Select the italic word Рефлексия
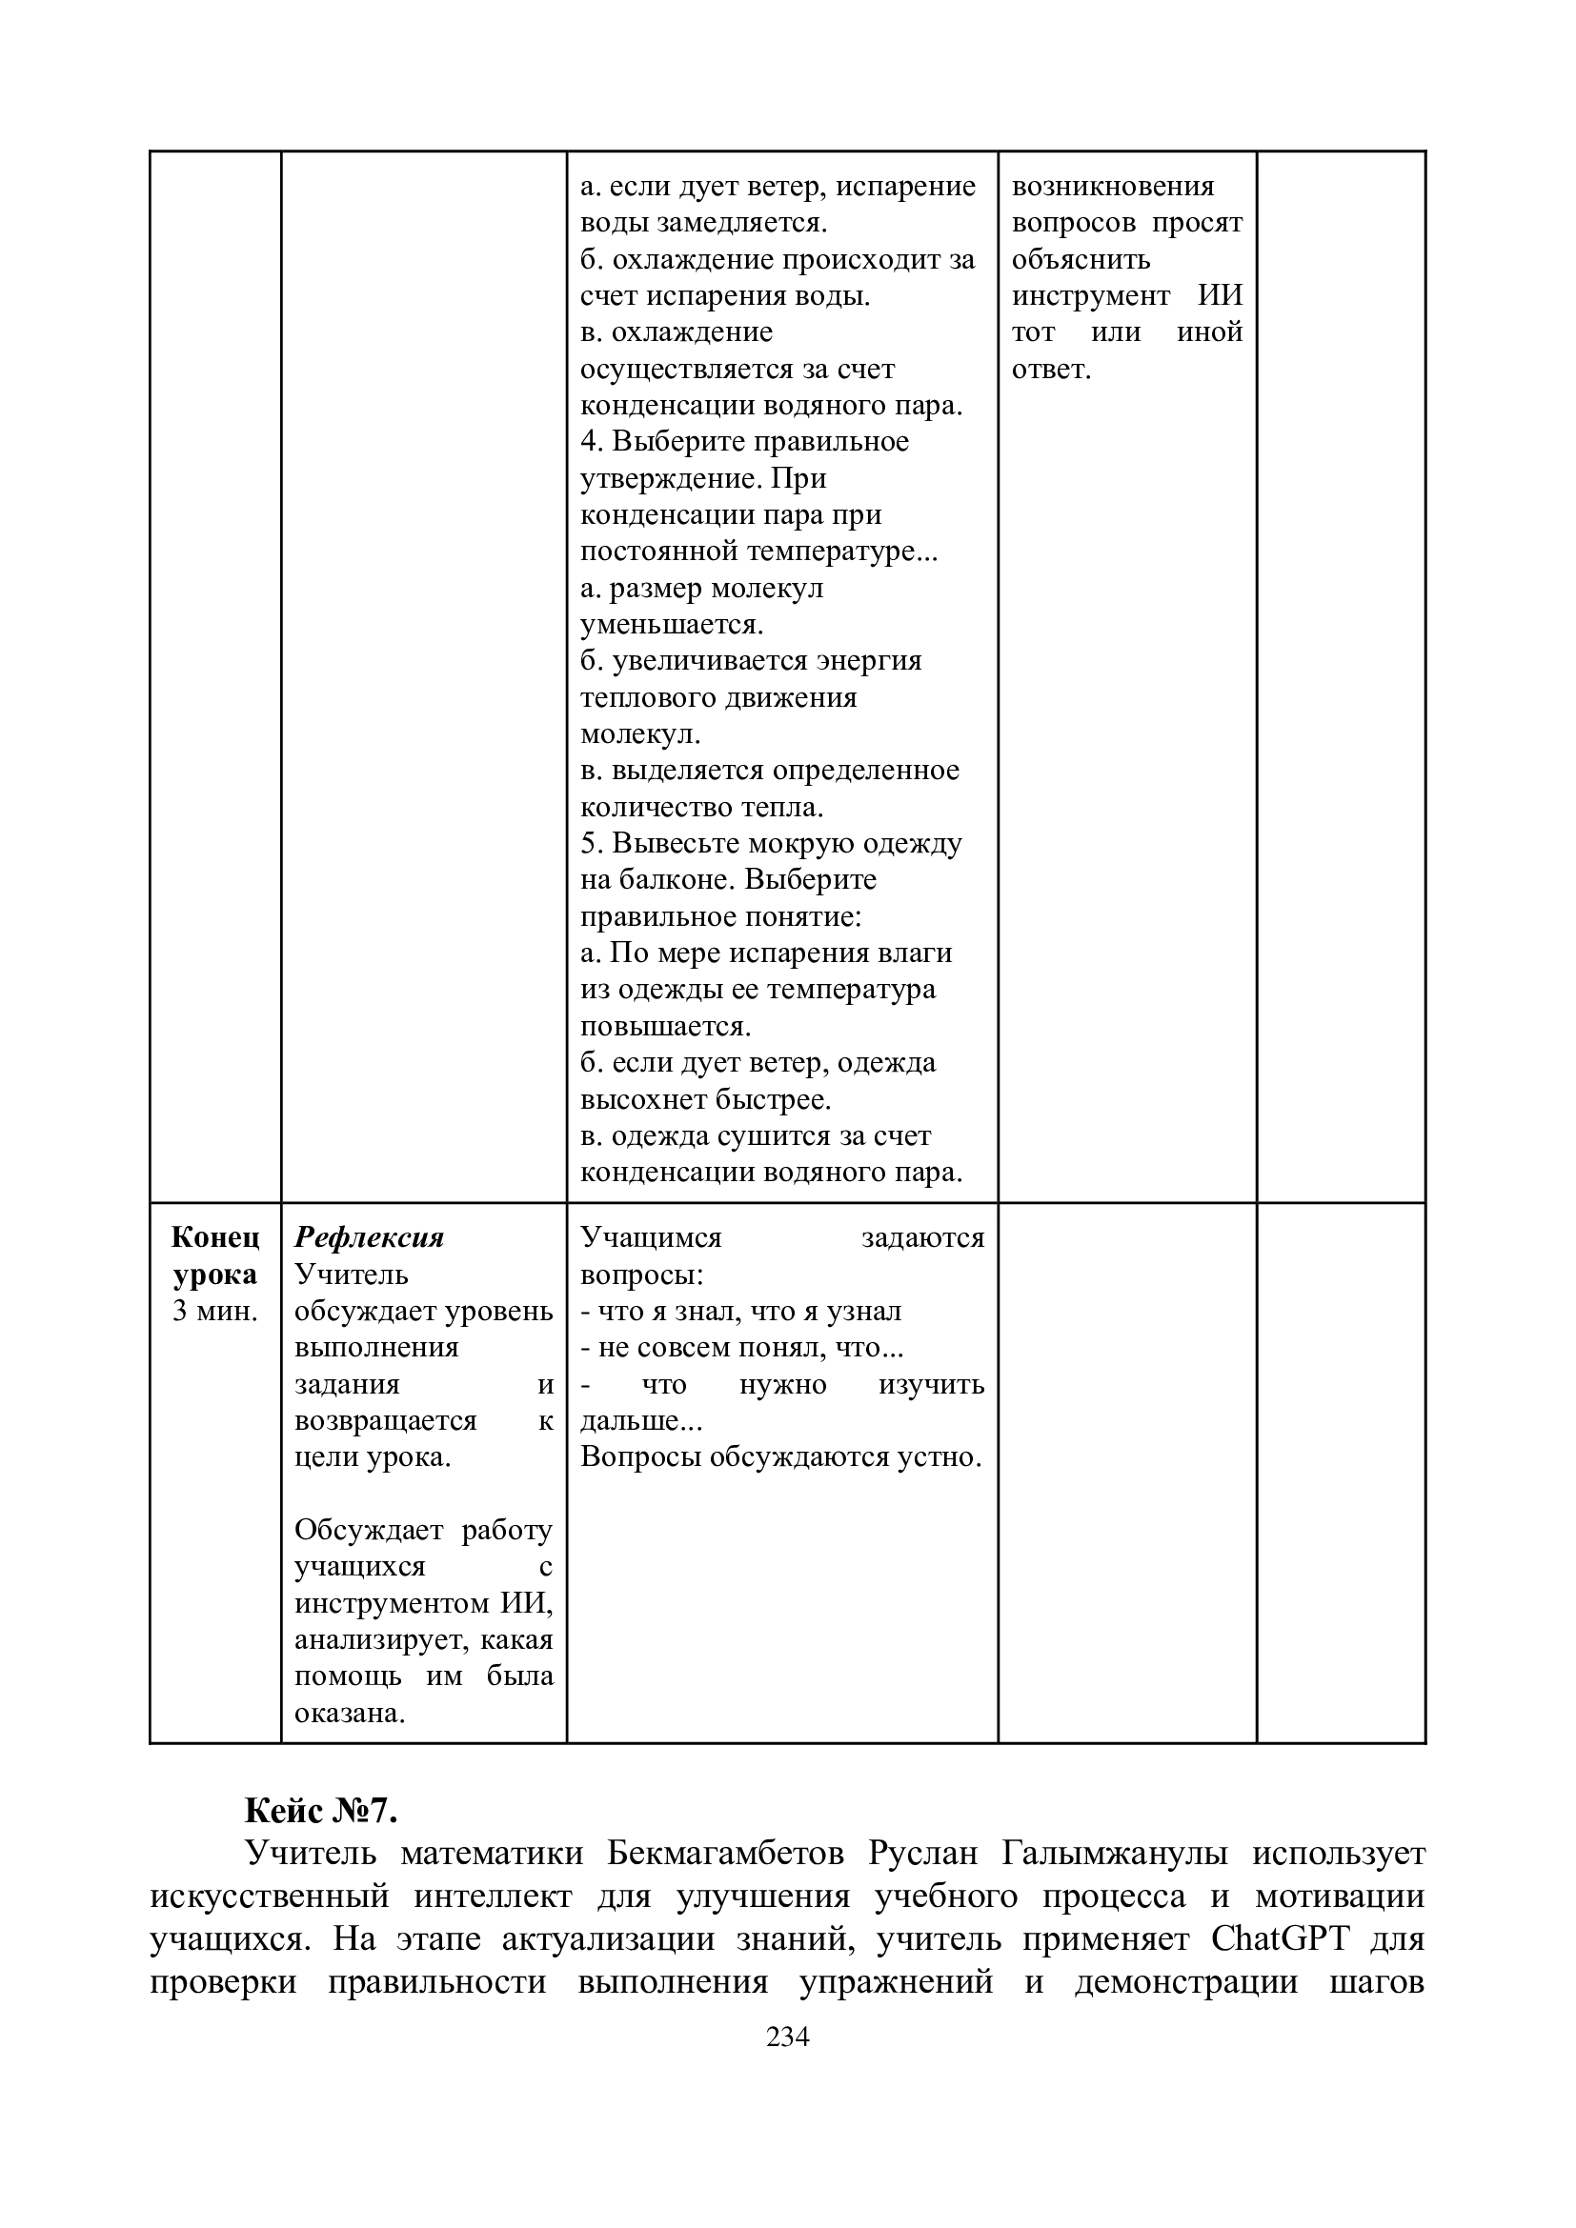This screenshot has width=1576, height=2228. (369, 1237)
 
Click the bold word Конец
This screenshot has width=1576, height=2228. (215, 1237)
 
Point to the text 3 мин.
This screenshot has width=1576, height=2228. (214, 1311)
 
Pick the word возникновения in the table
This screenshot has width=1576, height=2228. (1113, 187)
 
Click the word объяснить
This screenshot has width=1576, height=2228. (1081, 259)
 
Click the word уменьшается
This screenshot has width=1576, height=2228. (672, 624)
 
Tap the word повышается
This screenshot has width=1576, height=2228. (666, 1026)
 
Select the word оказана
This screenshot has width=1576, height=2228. (350, 1713)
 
